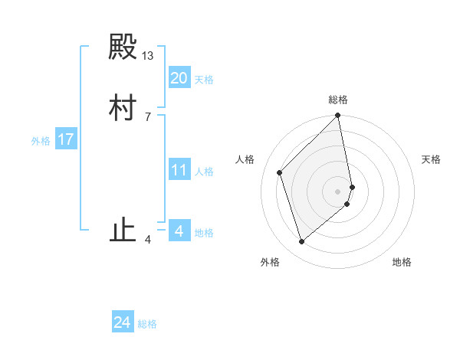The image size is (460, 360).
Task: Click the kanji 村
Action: coord(123,108)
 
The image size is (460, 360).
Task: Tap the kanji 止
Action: coord(123,231)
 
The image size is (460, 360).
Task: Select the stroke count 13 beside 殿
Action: coord(148,56)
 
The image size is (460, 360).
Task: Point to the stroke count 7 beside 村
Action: coord(147,116)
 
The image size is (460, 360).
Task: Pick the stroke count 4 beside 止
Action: coord(147,240)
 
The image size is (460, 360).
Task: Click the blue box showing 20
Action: coord(179,78)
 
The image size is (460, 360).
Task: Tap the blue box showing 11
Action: coord(179,170)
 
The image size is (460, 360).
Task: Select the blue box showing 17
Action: coord(66,139)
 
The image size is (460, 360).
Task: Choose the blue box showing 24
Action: coord(123,322)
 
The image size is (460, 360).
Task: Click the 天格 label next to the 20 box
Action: coord(204,80)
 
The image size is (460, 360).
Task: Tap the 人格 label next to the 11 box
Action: coord(204,172)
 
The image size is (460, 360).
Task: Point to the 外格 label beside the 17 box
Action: coord(41,141)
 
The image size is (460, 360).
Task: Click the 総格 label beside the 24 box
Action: coord(147,324)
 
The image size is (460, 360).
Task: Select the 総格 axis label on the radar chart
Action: coord(338,100)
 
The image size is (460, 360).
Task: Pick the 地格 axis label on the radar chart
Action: coord(402,262)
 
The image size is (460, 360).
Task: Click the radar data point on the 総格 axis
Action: coord(338,116)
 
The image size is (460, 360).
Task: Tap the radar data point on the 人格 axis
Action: coord(280,172)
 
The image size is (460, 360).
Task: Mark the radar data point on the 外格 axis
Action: coord(301,242)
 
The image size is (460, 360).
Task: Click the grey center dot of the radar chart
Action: coord(338,191)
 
